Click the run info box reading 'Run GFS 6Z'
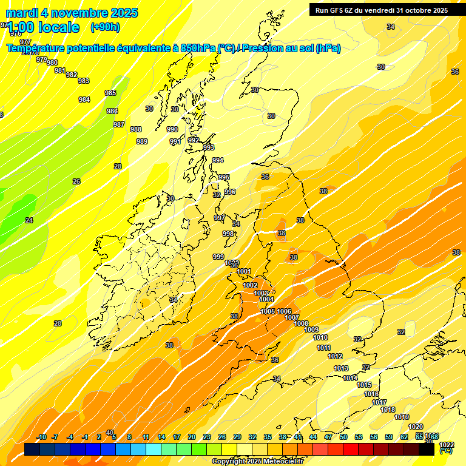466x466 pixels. [380, 10]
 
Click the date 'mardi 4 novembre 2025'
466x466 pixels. [72, 13]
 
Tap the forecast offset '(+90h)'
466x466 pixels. [105, 27]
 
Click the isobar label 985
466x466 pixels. [110, 93]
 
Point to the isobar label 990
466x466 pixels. [172, 129]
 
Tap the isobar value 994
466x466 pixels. [217, 160]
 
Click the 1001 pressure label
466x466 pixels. [244, 271]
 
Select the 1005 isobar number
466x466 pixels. [268, 311]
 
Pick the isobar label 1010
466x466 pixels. [320, 337]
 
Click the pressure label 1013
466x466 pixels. [341, 368]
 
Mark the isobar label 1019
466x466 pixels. [402, 417]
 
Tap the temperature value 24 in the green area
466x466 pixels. [29, 220]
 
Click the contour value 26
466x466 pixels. [76, 181]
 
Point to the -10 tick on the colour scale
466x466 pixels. [42, 437]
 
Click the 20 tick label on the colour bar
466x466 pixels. [191, 437]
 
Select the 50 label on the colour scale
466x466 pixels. [343, 437]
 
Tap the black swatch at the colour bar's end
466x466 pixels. [427, 450]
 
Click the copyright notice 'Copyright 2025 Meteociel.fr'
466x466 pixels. [257, 462]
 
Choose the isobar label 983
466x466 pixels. [84, 81]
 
